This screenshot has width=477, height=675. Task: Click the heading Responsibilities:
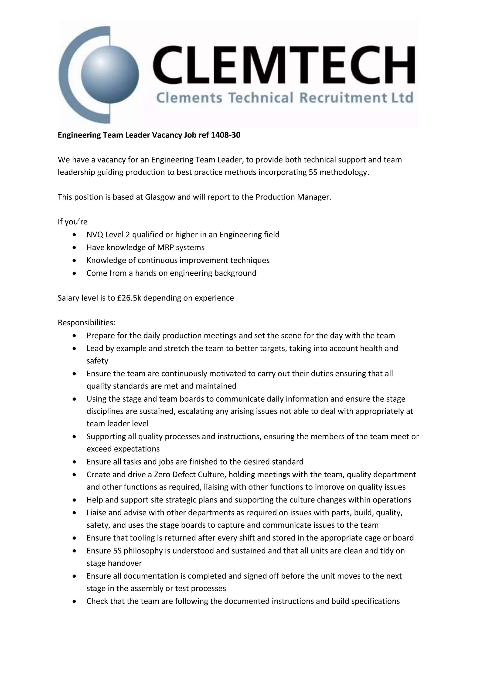pyautogui.click(x=87, y=323)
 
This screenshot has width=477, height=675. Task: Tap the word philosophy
pyautogui.click(x=143, y=551)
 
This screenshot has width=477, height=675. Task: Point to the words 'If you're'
pyautogui.click(x=72, y=222)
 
